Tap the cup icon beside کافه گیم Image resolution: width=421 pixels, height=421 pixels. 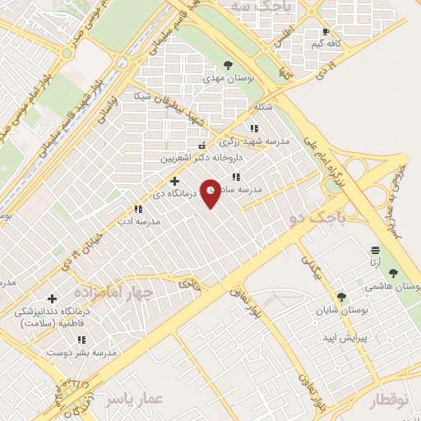(x=326, y=32)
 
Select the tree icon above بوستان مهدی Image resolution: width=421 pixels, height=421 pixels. (x=227, y=64)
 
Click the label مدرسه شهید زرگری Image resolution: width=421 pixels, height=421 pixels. (x=260, y=141)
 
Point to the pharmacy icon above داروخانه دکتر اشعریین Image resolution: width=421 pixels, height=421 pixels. (x=202, y=146)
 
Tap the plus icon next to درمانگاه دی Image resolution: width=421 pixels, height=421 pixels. (x=174, y=181)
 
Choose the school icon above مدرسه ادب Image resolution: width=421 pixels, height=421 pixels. (x=136, y=210)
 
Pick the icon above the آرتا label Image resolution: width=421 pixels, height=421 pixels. (x=375, y=249)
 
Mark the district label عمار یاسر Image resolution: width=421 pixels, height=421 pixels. (x=136, y=399)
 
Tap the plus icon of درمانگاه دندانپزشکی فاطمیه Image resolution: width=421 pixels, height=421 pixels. (x=53, y=299)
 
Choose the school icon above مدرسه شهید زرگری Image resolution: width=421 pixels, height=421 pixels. (x=253, y=128)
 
